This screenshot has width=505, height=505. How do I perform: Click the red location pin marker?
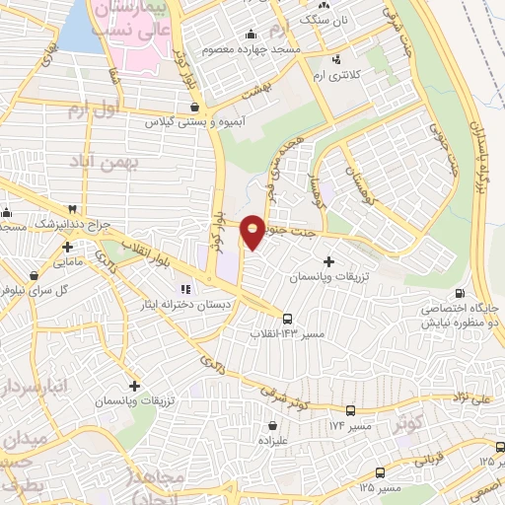(252, 231)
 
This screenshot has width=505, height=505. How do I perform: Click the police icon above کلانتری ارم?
(340, 57)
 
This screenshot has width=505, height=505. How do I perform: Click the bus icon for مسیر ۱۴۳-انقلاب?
(287, 319)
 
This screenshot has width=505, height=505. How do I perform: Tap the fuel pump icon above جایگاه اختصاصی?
(460, 293)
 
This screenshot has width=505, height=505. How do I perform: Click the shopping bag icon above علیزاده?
(273, 425)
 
